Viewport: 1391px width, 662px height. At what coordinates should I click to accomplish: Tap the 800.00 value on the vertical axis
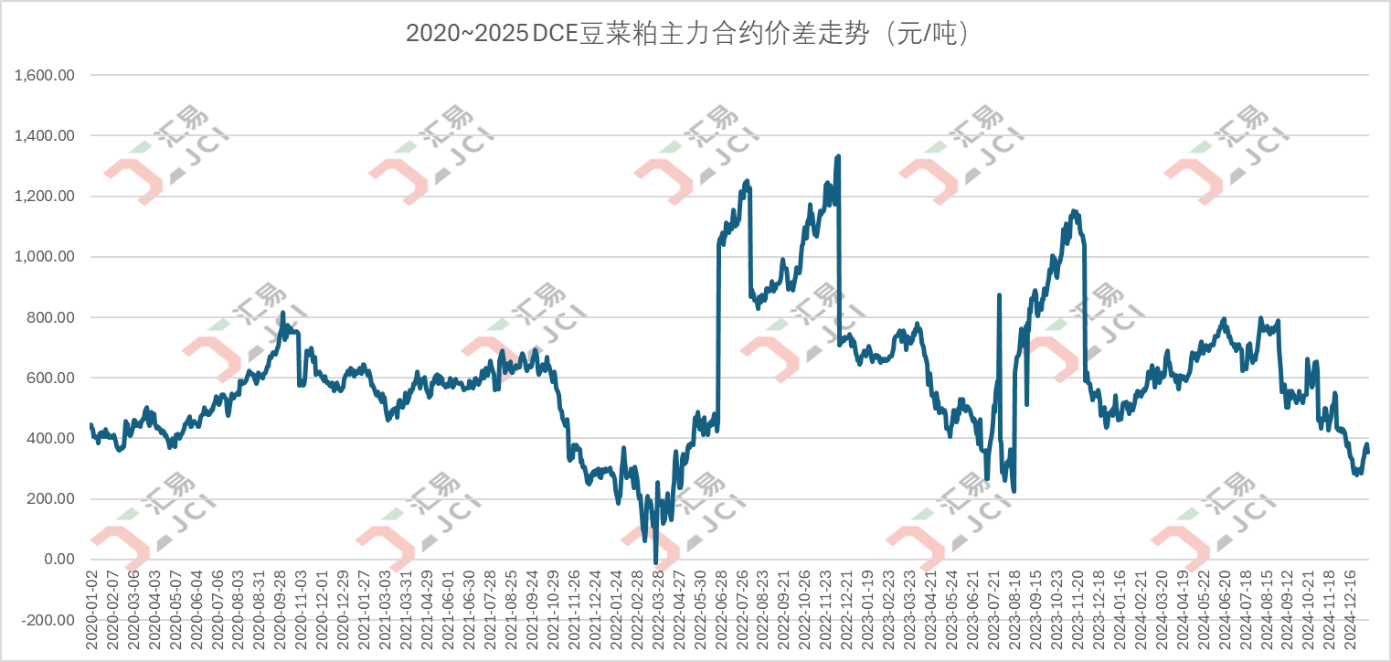coord(53,317)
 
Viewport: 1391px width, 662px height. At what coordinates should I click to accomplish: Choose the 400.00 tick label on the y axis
coord(53,438)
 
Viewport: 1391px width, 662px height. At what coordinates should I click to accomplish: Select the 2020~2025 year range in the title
coord(466,34)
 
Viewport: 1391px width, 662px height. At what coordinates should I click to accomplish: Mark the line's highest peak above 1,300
coord(838,156)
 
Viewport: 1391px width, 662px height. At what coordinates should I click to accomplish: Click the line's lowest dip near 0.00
coord(655,558)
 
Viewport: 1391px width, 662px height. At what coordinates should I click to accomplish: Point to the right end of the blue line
coord(1368,446)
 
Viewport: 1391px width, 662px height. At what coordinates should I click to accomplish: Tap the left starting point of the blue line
coord(90,424)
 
